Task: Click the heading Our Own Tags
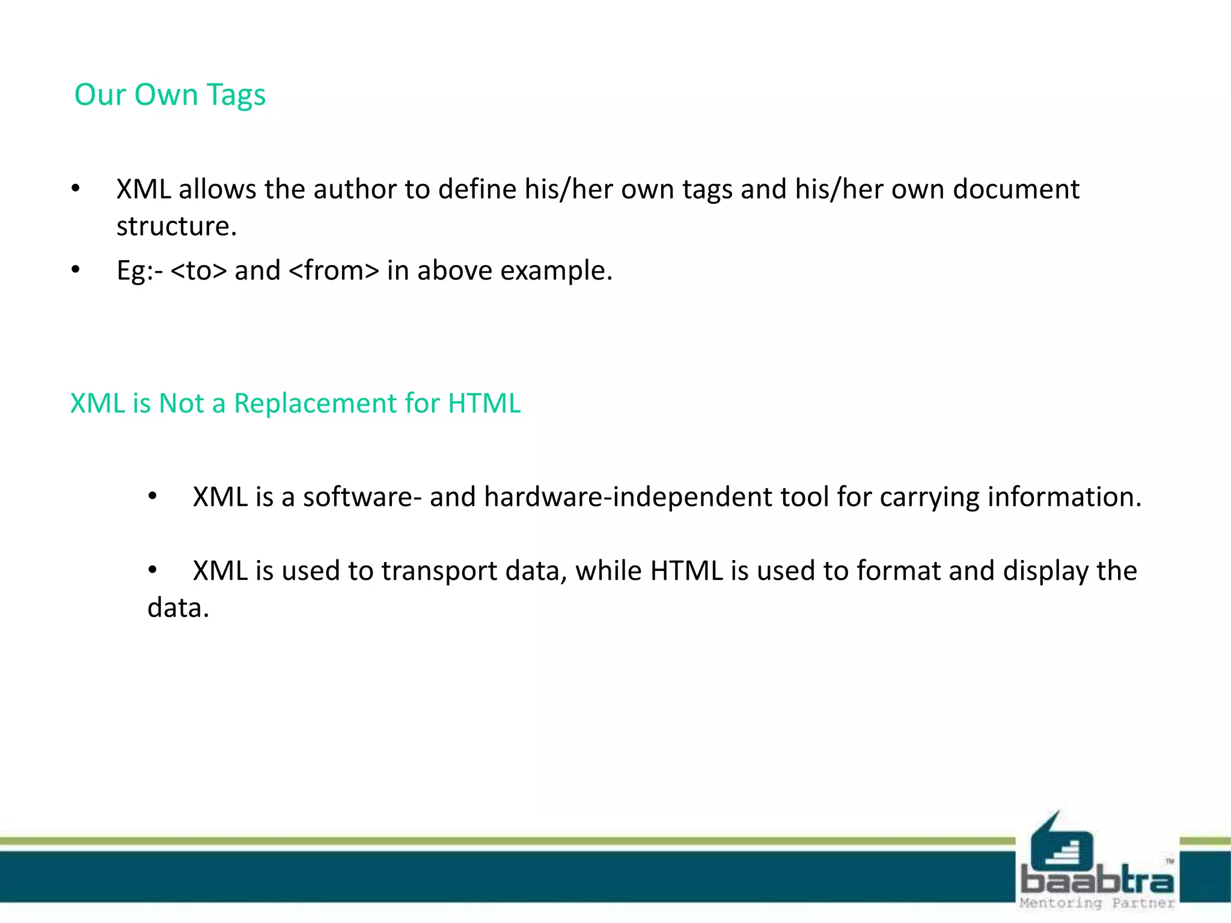coord(170,95)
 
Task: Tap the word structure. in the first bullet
coord(177,227)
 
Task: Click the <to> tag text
coord(199,270)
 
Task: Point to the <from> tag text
coord(334,270)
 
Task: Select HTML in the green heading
coord(484,403)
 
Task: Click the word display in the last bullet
coord(1045,571)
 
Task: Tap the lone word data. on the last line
coord(178,608)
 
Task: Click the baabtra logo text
coord(1097,880)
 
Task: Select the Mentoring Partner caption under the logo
coord(1097,903)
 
